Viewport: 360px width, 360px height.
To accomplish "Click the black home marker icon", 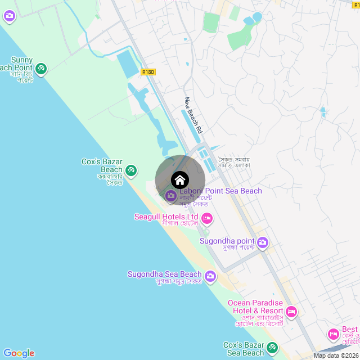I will pos(180,180).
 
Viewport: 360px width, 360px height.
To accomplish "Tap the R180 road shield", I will pos(148,71).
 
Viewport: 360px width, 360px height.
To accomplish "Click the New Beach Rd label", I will pos(193,115).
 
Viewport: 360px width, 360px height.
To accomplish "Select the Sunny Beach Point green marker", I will pos(40,69).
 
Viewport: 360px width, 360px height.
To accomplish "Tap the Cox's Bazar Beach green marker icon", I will pos(130,169).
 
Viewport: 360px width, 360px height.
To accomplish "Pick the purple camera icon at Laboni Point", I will pos(170,196).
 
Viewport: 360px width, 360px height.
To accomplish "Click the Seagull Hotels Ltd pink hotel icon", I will pos(206,218).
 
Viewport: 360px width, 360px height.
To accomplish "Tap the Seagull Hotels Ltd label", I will pos(166,217).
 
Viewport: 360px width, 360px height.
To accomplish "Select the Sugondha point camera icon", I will pos(263,243).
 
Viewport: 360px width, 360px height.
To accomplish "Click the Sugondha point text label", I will pos(228,241).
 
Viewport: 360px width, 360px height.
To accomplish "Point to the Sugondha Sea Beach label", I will pos(164,274).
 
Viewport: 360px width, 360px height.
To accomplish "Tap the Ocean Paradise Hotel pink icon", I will pos(291,311).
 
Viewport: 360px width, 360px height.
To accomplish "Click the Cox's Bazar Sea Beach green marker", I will pos(273,348).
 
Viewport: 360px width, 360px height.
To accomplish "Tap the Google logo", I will pos(19,353).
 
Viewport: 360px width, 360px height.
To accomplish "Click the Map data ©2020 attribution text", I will pos(336,356).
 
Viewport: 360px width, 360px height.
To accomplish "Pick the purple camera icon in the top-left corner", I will pos(9,16).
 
